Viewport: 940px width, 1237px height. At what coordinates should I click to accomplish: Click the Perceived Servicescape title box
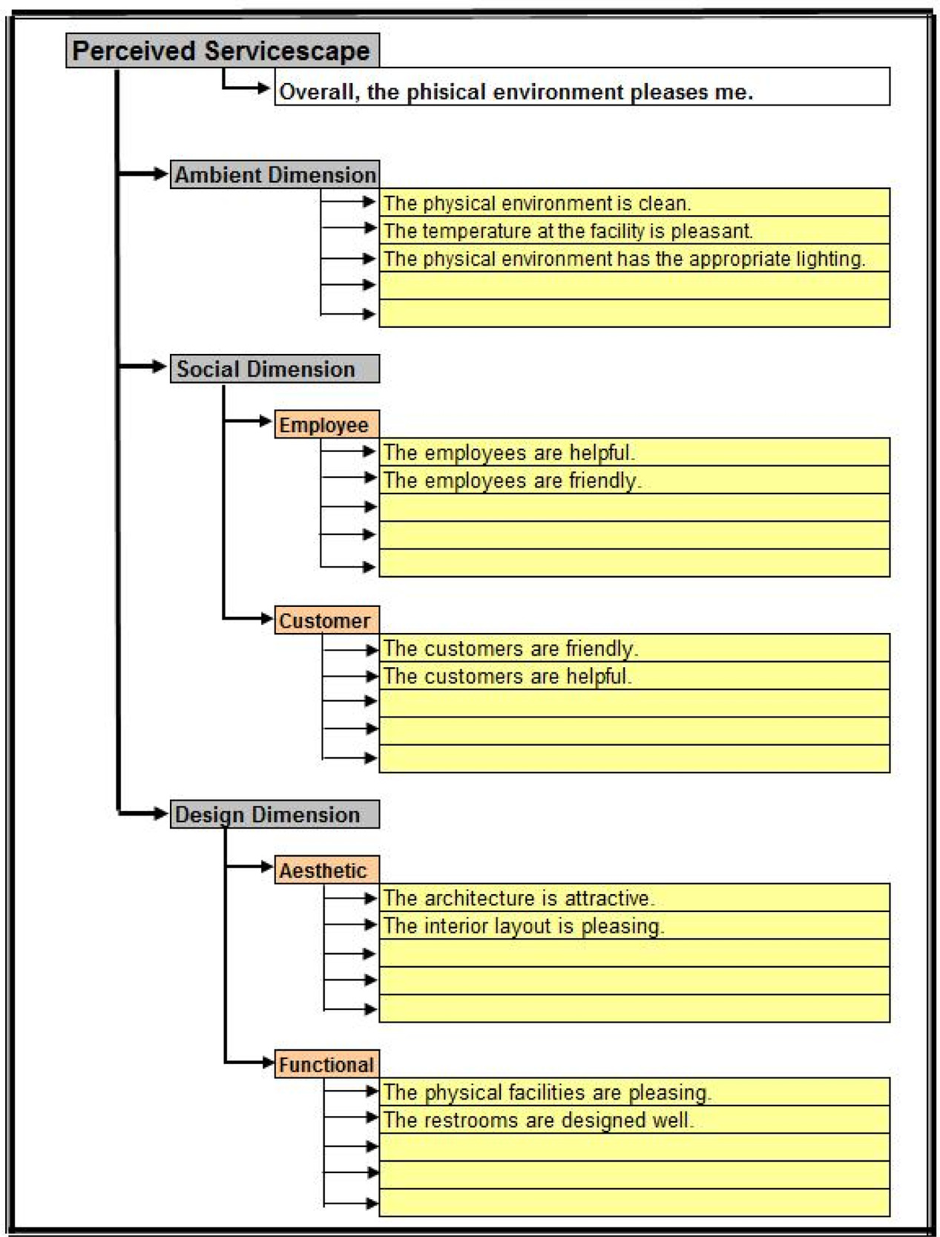point(222,50)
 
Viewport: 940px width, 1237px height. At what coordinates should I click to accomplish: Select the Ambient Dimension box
point(275,174)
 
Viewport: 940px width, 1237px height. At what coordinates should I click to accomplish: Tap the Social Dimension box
point(275,369)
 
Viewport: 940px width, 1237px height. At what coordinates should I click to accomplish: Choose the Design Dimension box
point(275,814)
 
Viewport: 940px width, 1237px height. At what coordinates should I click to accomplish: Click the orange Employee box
point(326,424)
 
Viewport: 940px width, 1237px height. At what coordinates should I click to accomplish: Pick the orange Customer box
point(326,620)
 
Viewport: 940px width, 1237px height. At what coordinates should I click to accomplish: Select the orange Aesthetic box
point(326,870)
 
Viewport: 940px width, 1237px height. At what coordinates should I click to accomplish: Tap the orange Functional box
point(326,1064)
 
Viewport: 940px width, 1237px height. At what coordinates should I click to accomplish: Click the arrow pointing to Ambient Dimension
point(145,174)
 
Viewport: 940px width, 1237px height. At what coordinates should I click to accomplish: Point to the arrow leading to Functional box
point(250,1062)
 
